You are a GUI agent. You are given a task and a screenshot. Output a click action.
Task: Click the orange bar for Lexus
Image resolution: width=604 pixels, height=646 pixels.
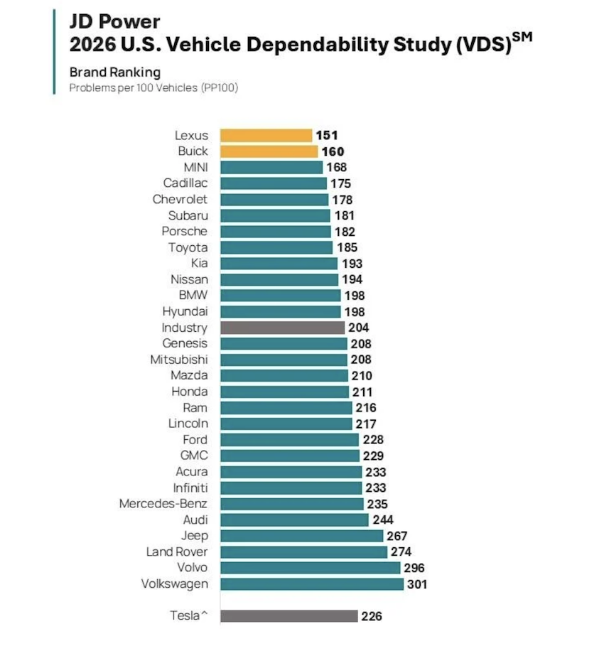click(266, 135)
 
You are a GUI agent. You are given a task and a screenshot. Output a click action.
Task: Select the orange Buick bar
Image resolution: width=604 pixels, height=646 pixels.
click(269, 151)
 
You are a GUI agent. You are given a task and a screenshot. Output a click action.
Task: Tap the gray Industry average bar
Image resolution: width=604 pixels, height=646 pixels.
click(282, 328)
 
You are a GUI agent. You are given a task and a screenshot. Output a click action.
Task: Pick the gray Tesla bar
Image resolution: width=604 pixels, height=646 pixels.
click(288, 615)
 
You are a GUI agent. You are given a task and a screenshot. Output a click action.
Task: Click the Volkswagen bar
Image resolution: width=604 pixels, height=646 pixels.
click(312, 583)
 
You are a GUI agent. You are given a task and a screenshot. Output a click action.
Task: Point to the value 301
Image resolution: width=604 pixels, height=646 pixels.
click(417, 584)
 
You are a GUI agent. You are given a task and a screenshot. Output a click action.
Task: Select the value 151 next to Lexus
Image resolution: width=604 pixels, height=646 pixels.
click(327, 135)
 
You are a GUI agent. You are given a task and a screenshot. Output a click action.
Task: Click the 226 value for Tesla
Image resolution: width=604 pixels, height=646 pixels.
click(372, 616)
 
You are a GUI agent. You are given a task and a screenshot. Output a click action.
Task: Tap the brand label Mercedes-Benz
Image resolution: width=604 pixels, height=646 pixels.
click(163, 504)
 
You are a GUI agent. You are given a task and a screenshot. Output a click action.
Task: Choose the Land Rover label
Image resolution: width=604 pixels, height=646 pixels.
click(177, 551)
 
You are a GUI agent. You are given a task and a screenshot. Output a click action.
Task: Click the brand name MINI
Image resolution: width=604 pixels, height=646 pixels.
click(195, 168)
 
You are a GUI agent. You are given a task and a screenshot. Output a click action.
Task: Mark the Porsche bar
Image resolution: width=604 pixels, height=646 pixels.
click(275, 232)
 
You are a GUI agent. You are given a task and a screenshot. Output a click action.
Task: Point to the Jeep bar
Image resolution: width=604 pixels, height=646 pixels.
click(301, 536)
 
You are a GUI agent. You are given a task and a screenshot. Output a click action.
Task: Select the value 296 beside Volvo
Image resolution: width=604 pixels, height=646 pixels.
click(414, 568)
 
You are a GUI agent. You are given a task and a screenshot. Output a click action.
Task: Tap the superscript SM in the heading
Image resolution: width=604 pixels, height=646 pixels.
click(522, 36)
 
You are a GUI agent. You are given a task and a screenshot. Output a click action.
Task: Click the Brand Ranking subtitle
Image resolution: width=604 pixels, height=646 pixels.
click(114, 72)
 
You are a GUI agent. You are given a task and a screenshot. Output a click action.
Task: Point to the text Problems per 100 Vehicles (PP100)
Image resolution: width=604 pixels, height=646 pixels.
click(153, 87)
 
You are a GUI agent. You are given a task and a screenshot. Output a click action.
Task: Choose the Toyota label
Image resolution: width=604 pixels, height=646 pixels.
click(188, 247)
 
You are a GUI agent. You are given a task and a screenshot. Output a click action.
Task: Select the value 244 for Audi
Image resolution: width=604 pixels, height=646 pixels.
click(382, 520)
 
